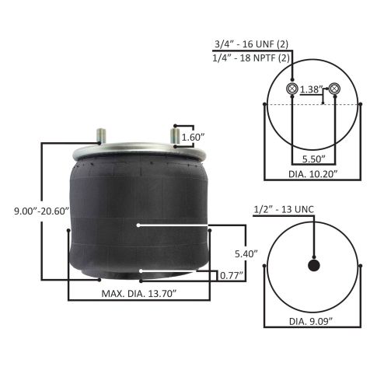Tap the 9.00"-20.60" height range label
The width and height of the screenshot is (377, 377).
click(41, 211)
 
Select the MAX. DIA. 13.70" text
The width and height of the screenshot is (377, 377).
click(139, 294)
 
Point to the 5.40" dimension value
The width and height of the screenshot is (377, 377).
click(246, 254)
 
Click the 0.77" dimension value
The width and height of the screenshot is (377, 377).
click(232, 276)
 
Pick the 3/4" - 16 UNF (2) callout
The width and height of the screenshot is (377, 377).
click(251, 44)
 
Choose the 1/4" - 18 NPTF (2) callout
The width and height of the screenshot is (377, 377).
click(251, 58)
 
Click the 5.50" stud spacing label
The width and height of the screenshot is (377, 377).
click(314, 159)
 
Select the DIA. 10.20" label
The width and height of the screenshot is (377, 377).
click(313, 174)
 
